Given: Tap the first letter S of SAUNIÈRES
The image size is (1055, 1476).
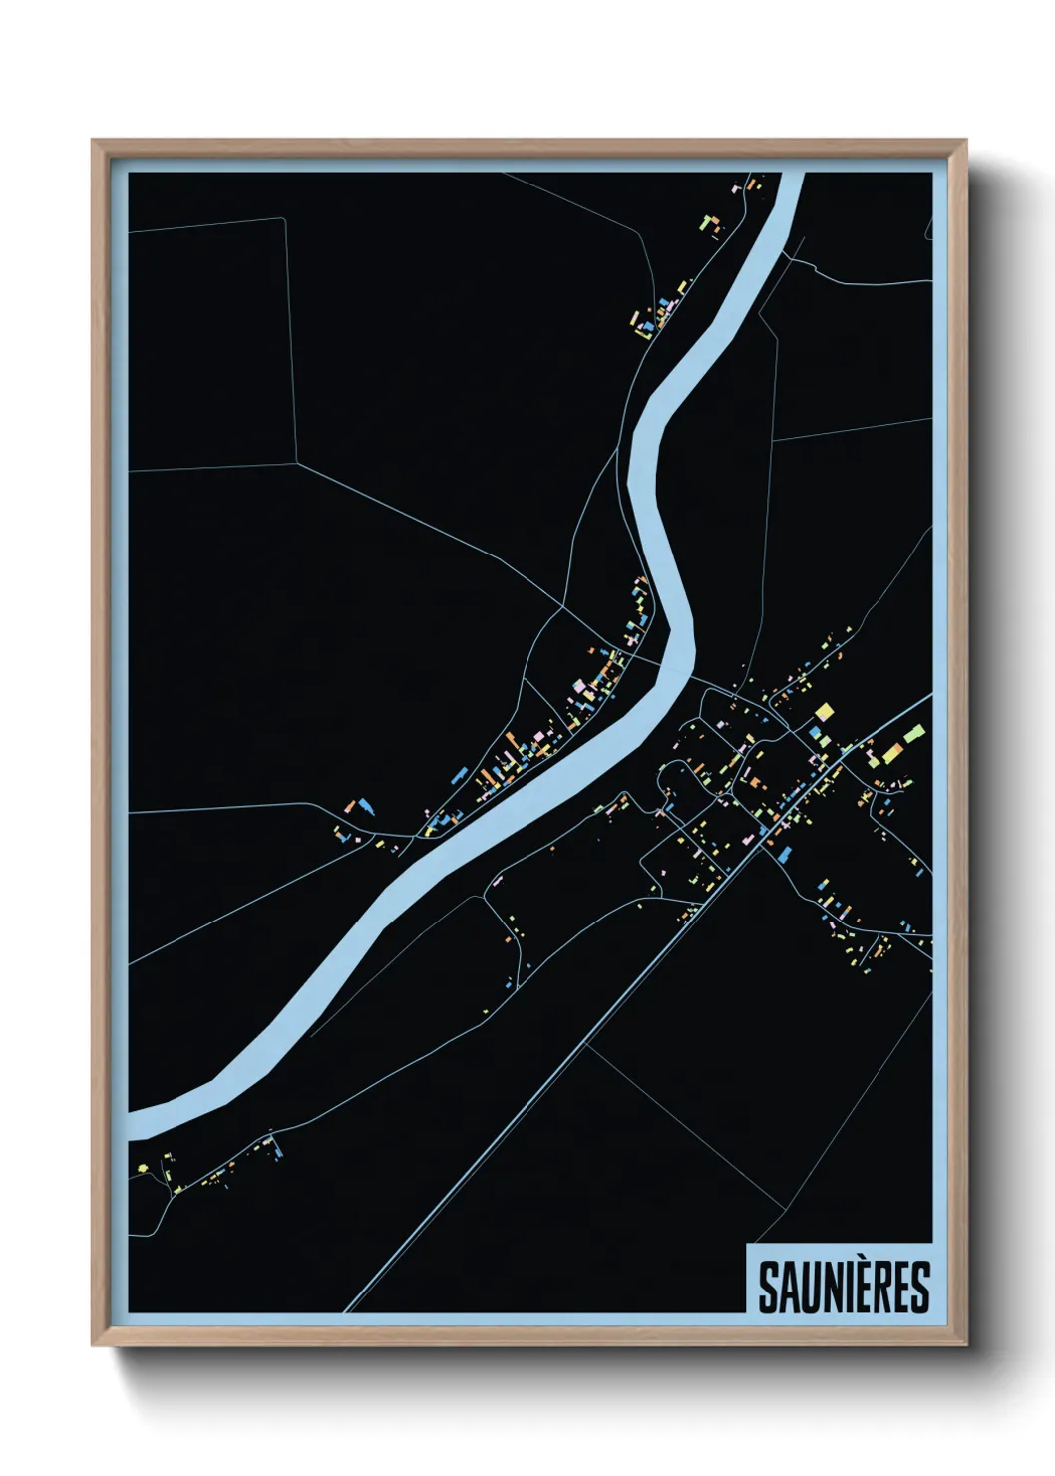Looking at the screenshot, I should click(769, 1289).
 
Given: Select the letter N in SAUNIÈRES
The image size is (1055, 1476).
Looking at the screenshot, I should click(830, 1289).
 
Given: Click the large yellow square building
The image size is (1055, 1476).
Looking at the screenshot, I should click(824, 712).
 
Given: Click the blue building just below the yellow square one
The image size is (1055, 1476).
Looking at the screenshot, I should click(818, 734).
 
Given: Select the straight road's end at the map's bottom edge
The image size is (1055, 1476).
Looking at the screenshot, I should click(347, 1308).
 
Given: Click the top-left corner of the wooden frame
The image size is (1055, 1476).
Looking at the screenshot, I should click(93, 141).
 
